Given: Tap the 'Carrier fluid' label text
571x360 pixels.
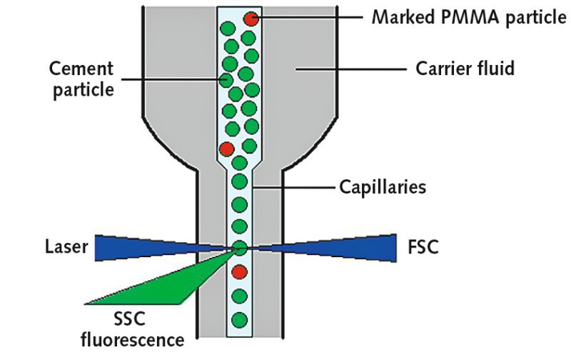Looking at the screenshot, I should (465, 70).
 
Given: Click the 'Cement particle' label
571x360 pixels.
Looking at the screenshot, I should (81, 79).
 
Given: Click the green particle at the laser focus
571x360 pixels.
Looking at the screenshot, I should (239, 248).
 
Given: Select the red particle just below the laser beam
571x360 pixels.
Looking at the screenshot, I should (240, 272).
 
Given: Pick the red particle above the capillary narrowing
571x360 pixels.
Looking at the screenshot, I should (227, 149).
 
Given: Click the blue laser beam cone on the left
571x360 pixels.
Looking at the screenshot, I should (143, 246).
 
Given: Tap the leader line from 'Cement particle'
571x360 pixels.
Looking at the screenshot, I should (178, 79).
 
